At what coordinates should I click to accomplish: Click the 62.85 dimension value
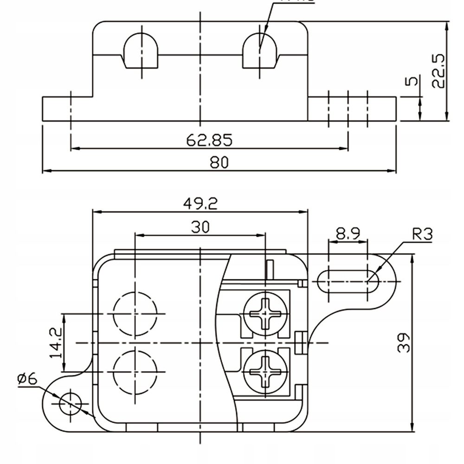coord(209,140)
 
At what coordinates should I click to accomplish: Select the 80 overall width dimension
coord(219,162)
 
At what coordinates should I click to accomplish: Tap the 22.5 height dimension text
coord(438,70)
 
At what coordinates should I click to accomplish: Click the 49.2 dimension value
coord(200,203)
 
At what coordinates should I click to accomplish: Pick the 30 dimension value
coord(200,226)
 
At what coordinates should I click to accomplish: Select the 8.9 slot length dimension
coord(348,233)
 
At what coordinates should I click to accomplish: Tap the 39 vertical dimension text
coord(405,342)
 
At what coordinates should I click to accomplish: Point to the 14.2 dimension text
coord(57,342)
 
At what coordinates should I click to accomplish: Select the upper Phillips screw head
coord(265,314)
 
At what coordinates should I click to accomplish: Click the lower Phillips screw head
coord(265,371)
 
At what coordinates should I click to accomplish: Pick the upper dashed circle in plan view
coord(135,314)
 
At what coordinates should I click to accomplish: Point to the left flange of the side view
coord(67,109)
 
